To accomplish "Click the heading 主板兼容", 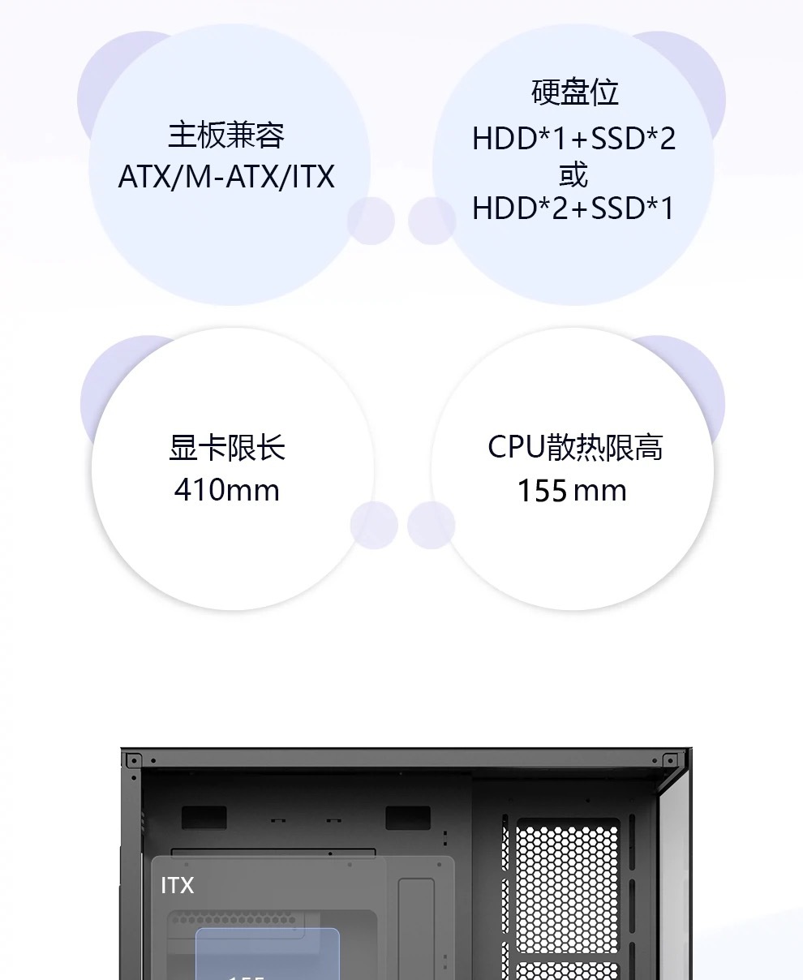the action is click(x=226, y=135).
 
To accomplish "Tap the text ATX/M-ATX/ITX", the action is click(x=226, y=177).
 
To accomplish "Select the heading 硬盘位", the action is click(x=574, y=92).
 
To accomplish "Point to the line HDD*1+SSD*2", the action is click(x=573, y=139).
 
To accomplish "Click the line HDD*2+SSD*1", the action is click(x=573, y=209).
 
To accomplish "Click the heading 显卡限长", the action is click(x=227, y=448).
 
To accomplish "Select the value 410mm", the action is click(x=227, y=490).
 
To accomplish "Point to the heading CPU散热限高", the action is click(x=575, y=447).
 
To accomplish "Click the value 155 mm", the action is click(x=572, y=491).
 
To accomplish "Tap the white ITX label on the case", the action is click(x=178, y=885).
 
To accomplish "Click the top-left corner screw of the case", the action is click(x=132, y=760).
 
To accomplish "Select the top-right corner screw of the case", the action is click(x=670, y=760).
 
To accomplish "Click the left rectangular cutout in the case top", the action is click(x=204, y=817).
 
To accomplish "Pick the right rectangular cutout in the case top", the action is click(x=407, y=817).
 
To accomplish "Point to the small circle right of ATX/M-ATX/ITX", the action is click(x=371, y=221).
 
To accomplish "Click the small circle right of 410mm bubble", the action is click(x=374, y=525).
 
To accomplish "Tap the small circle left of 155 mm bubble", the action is click(x=431, y=525).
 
